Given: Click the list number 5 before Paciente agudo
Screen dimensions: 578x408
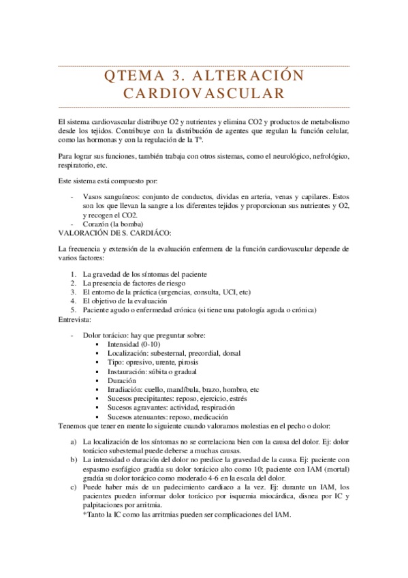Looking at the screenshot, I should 74,310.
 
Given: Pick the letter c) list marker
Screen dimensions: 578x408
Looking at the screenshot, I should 74,488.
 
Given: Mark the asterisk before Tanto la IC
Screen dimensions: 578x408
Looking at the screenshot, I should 84,515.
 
